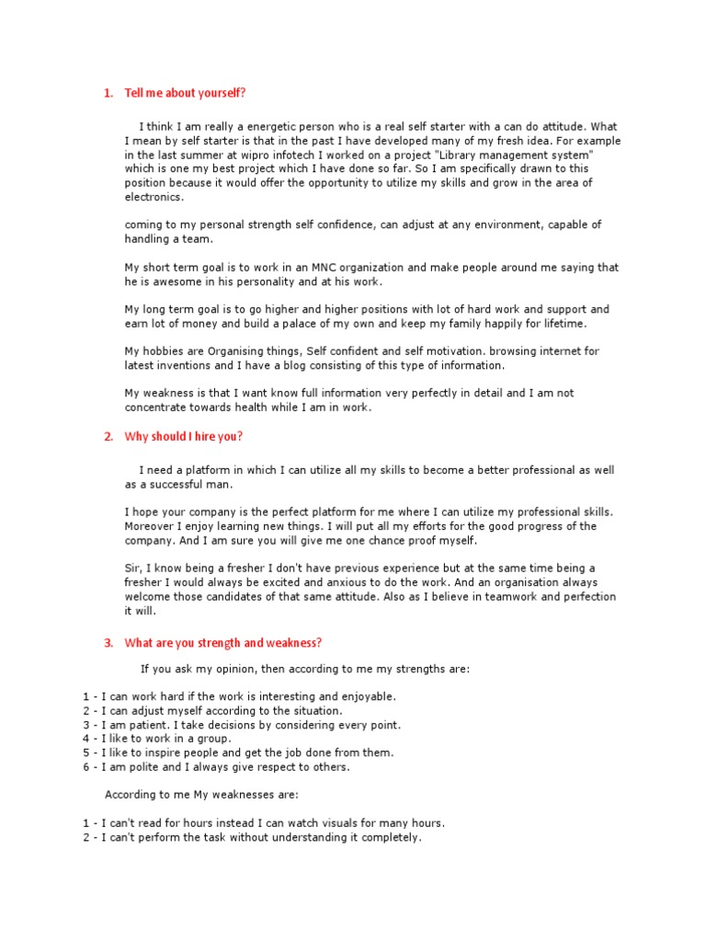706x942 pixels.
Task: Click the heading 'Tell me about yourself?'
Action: pyautogui.click(x=185, y=93)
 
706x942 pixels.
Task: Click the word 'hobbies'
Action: pyautogui.click(x=164, y=351)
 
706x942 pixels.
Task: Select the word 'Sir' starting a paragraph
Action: pyautogui.click(x=133, y=569)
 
